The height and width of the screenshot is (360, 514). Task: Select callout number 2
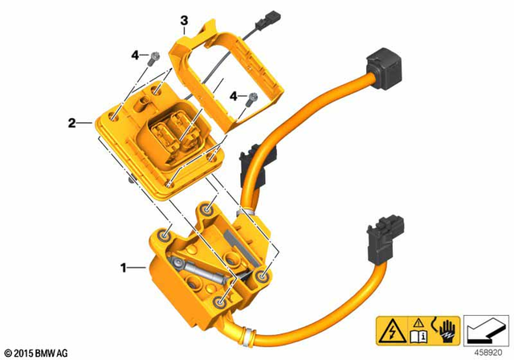pyautogui.click(x=71, y=123)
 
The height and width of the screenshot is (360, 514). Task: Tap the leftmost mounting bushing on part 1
pyautogui.click(x=165, y=237)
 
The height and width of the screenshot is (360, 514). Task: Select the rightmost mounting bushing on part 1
pyautogui.click(x=263, y=276)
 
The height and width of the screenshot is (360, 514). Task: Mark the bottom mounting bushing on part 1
pyautogui.click(x=220, y=303)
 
